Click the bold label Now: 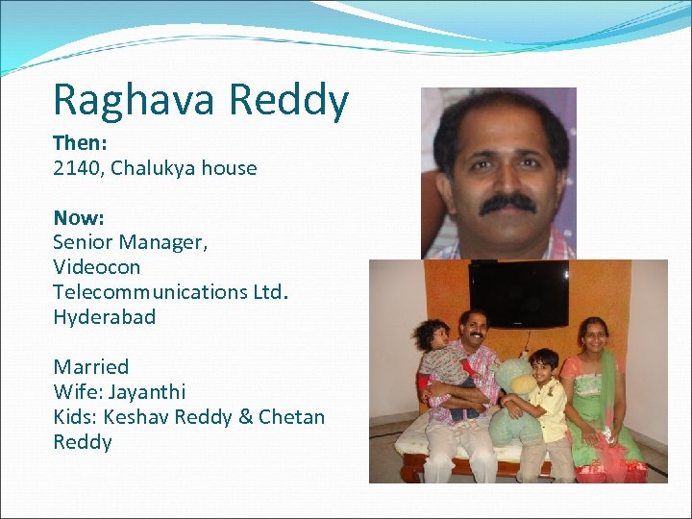[78, 217]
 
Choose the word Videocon [96, 267]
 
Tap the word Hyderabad [104, 317]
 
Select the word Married [90, 367]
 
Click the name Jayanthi [147, 392]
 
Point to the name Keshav [135, 417]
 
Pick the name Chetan [291, 417]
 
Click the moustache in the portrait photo [507, 204]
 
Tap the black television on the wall [518, 291]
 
